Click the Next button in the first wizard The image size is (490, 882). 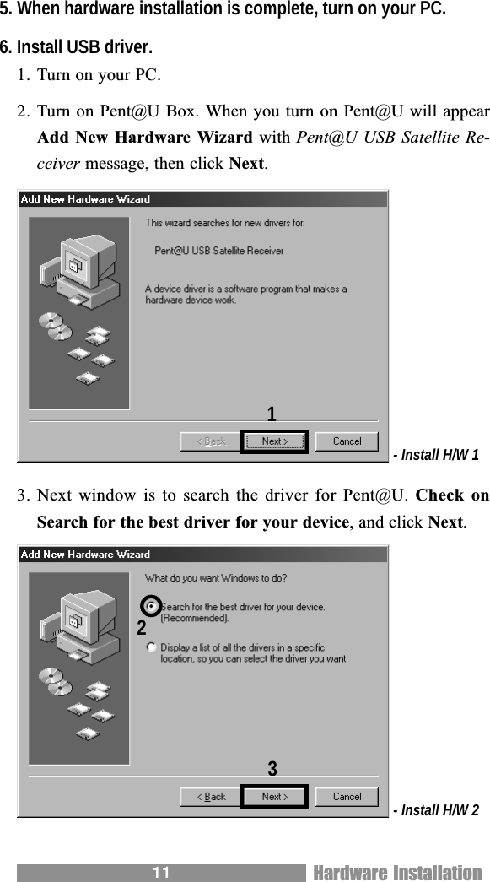(275, 441)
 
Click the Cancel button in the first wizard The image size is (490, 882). (347, 441)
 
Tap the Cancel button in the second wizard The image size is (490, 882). (347, 797)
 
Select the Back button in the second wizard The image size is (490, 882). (211, 797)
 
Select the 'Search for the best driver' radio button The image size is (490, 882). (151, 606)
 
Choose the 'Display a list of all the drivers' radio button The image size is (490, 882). (151, 647)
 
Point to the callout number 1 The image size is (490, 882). (272, 414)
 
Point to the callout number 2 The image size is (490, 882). (142, 629)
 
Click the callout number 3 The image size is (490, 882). (272, 769)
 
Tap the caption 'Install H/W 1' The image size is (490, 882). (439, 456)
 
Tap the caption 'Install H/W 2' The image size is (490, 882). (439, 811)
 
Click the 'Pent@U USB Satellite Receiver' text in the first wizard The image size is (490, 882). (219, 251)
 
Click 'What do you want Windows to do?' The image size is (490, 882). (216, 579)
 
